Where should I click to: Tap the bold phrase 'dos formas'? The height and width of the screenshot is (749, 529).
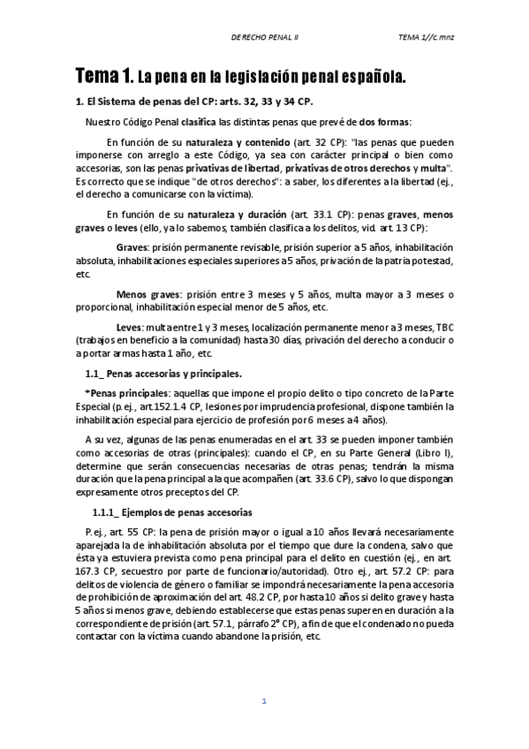(384, 121)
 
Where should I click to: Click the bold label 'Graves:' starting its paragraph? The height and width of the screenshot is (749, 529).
(132, 247)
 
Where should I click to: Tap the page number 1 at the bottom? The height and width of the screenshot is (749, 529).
(263, 702)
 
